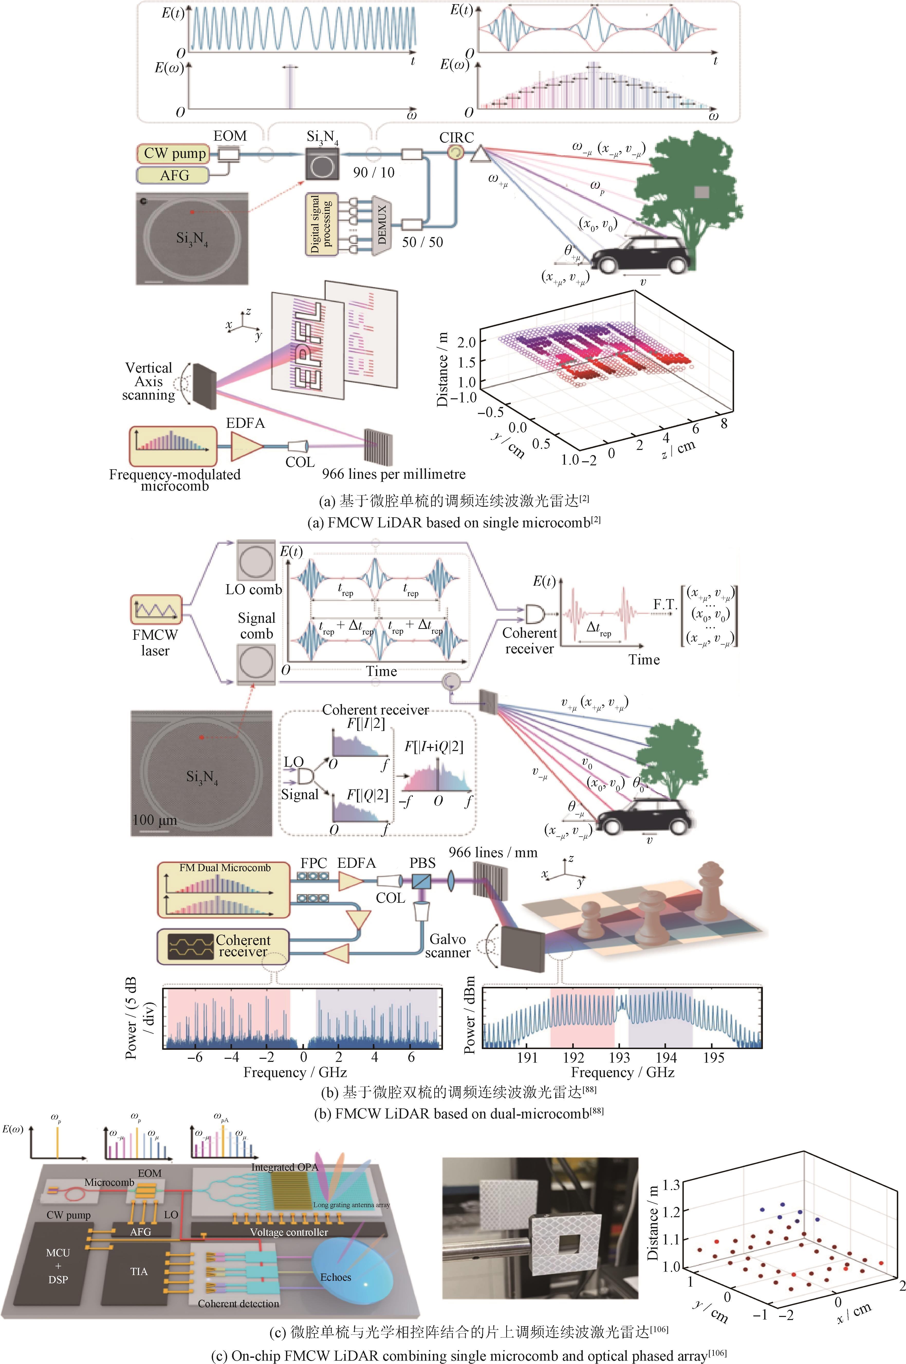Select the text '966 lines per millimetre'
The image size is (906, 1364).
click(x=393, y=474)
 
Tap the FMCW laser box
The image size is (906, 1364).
click(x=155, y=610)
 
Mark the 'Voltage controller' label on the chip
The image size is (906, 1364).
click(x=289, y=1232)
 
